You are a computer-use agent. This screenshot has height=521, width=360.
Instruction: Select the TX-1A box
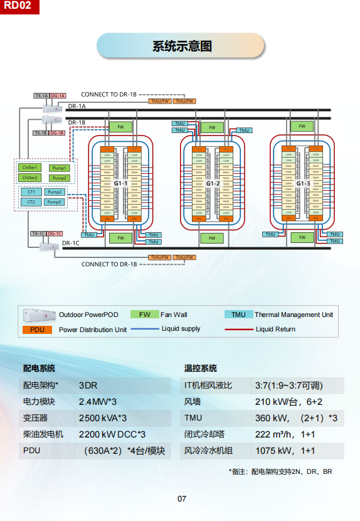(x=41, y=95)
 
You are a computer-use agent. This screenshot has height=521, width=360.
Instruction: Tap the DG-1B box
(x=57, y=133)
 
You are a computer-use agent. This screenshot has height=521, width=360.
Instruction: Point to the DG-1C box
(x=55, y=234)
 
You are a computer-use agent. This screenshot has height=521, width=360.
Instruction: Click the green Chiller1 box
(x=30, y=168)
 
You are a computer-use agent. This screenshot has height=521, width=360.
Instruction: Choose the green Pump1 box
(x=60, y=168)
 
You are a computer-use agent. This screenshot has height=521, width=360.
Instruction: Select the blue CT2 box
(x=30, y=202)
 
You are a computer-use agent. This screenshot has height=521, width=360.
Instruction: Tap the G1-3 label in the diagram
(x=303, y=183)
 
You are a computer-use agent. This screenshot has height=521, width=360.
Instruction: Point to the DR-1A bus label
(x=77, y=107)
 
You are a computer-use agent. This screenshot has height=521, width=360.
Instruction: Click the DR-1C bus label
(x=70, y=243)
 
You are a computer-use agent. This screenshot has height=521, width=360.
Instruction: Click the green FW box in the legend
(x=144, y=314)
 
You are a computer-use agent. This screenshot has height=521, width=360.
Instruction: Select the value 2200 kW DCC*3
(x=112, y=434)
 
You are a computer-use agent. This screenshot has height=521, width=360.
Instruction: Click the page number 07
(x=182, y=499)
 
